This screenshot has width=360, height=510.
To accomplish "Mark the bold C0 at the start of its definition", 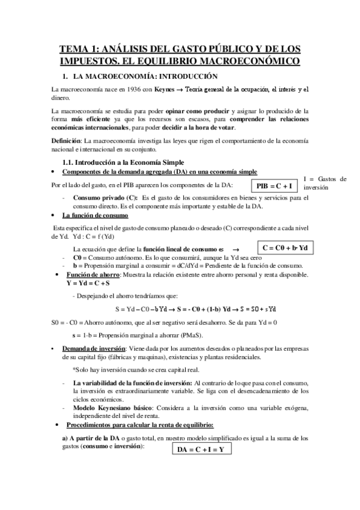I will click(x=77, y=257).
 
